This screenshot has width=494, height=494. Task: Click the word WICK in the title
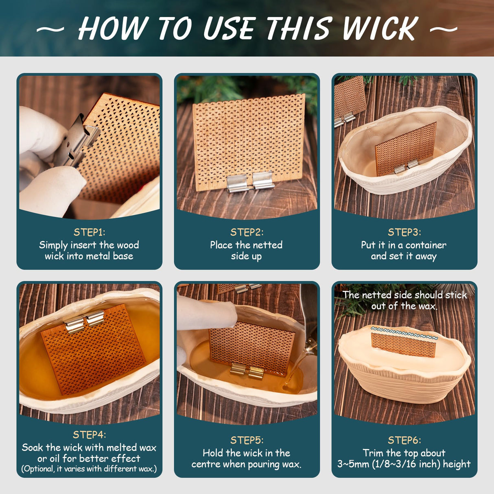[380, 29]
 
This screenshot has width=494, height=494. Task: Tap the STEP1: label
[89, 232]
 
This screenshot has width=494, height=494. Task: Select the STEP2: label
[247, 232]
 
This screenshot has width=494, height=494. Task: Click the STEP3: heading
[404, 232]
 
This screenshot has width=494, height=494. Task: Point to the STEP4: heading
[89, 435]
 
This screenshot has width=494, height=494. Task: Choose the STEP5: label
[247, 440]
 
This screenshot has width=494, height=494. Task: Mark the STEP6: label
[404, 440]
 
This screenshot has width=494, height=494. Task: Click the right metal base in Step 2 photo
[263, 180]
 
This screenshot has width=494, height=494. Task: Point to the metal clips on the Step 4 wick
[85, 321]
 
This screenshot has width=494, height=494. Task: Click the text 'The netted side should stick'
[404, 295]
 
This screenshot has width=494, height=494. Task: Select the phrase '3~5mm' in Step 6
[354, 464]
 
